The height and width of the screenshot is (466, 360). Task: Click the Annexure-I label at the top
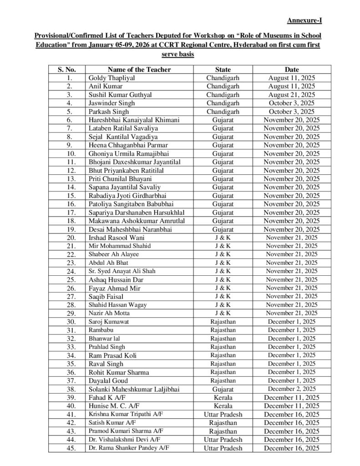click(x=304, y=20)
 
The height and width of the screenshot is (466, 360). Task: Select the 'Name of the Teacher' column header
click(x=139, y=70)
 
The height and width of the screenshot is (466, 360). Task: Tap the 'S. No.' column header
click(x=66, y=70)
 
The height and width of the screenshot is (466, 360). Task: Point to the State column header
click(x=223, y=70)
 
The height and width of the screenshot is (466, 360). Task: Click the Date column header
click(x=292, y=70)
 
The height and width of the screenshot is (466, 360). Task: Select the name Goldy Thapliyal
click(x=111, y=78)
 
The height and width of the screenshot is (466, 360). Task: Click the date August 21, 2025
click(x=292, y=95)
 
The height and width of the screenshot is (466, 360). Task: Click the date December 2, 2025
click(x=292, y=389)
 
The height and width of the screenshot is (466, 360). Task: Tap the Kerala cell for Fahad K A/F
click(x=223, y=397)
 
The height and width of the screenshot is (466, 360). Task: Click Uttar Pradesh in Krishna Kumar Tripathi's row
click(x=223, y=414)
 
